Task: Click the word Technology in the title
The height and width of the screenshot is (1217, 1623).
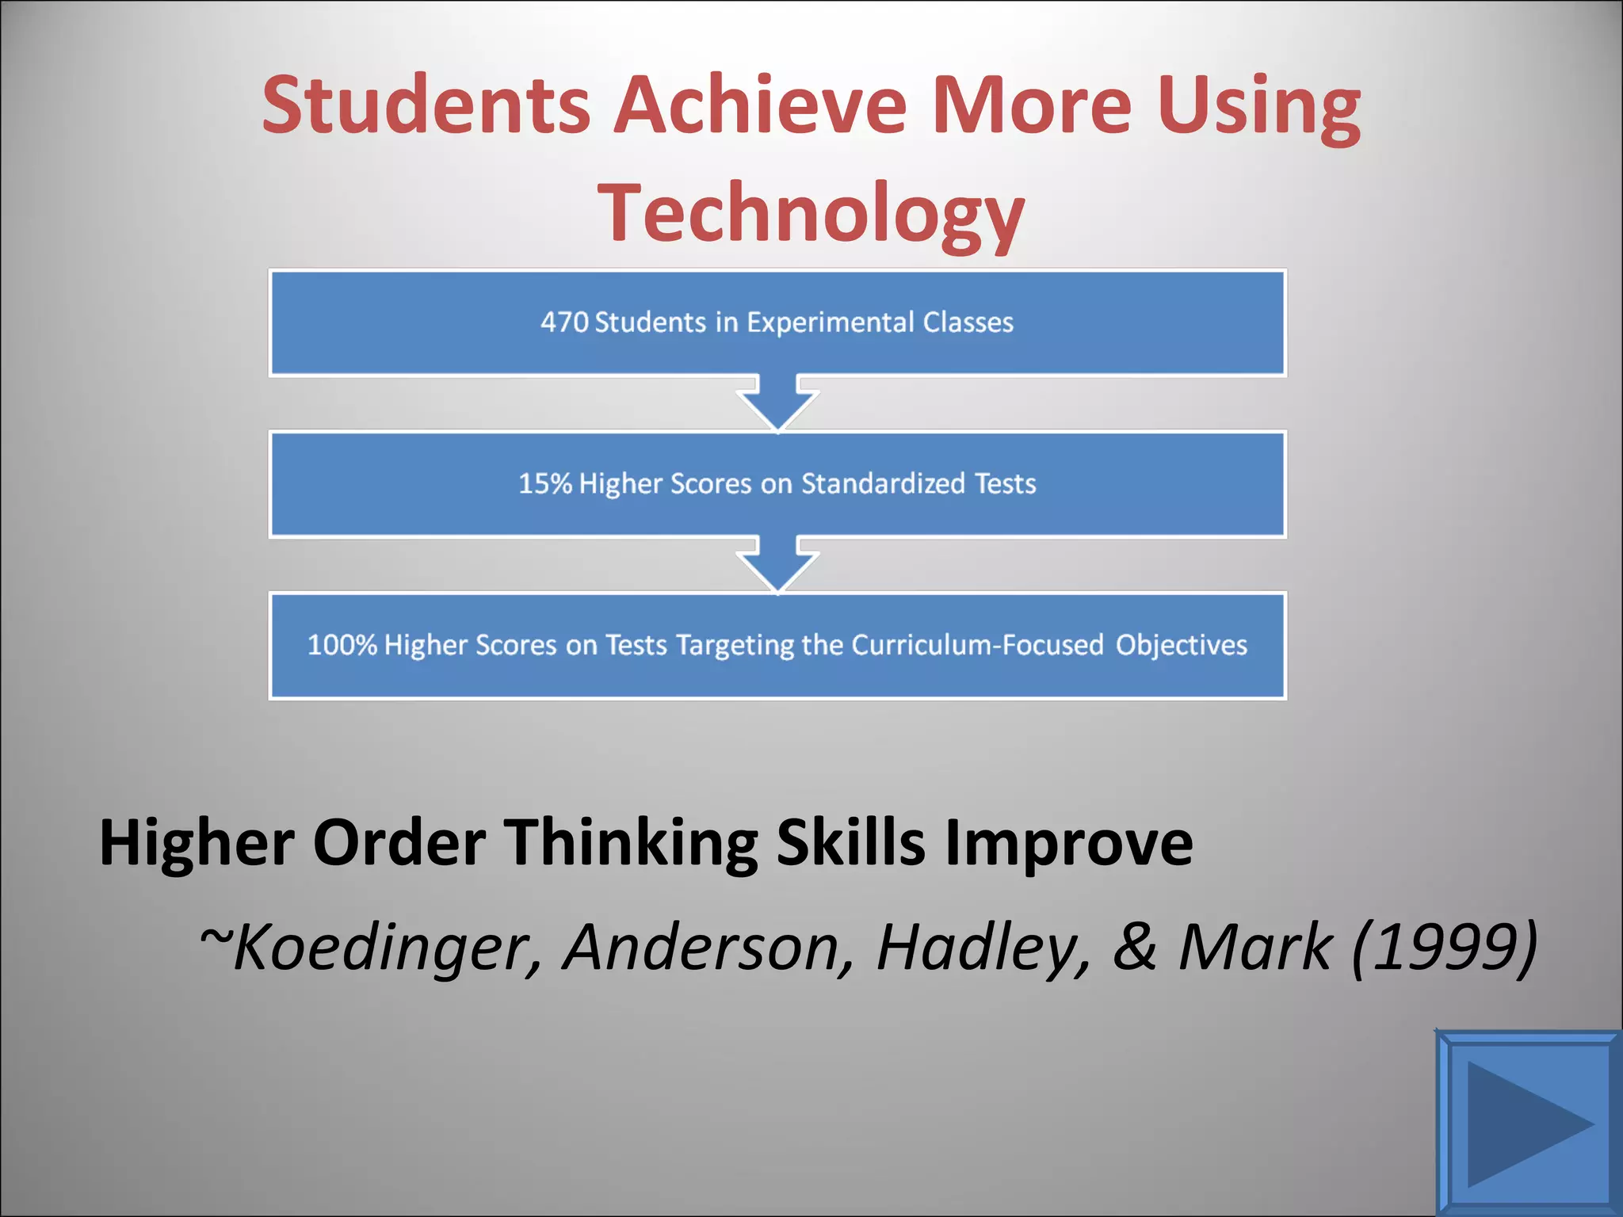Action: [x=811, y=212]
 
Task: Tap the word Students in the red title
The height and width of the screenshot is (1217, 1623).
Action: [x=426, y=105]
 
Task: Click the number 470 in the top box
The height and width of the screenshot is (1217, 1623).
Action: [x=564, y=322]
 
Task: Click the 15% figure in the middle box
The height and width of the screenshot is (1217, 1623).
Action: [x=545, y=483]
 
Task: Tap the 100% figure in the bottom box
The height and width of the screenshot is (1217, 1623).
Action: [x=342, y=645]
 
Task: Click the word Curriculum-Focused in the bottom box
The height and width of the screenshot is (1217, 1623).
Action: [x=977, y=645]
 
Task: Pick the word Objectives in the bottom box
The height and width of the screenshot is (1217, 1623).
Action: [x=1182, y=645]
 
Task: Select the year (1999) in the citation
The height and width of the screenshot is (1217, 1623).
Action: [x=1444, y=947]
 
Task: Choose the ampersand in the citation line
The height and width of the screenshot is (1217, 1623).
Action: [x=1134, y=947]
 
